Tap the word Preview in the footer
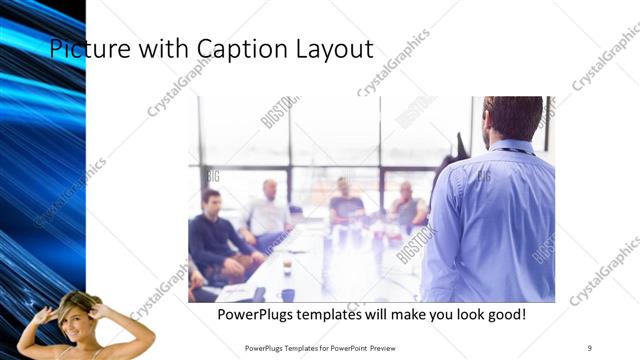pos(390,348)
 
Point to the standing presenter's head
pos(512,118)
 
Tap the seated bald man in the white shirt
pos(267,212)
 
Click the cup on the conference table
pos(286,267)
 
